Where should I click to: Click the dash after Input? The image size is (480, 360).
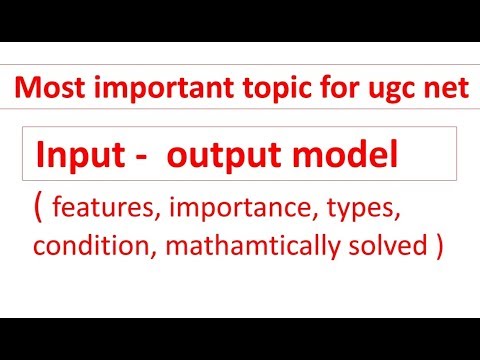(x=131, y=158)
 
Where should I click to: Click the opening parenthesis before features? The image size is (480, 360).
(x=38, y=211)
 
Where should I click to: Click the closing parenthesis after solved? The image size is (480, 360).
(x=438, y=247)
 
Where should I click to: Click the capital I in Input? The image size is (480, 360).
(x=41, y=156)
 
